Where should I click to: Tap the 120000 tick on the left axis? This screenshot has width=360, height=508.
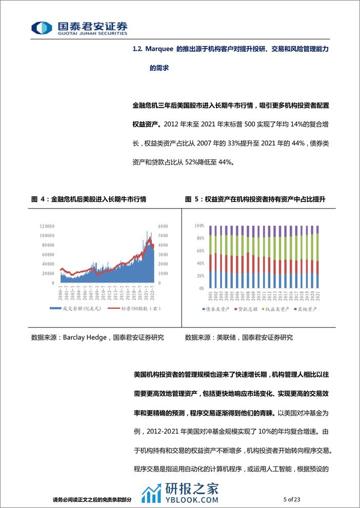47,226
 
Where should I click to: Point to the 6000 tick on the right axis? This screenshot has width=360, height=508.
163,226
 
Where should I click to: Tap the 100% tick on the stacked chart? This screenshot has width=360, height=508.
200,226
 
